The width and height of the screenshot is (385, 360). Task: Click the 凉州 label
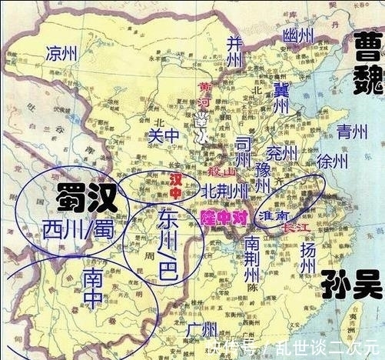tap(62, 53)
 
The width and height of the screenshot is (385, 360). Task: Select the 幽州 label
tap(298, 35)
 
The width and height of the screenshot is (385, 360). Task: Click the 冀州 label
tap(280, 100)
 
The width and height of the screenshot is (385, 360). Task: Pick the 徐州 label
tap(333, 161)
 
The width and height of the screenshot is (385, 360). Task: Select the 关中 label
tap(161, 135)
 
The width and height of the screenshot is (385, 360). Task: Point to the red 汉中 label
tap(179, 185)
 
